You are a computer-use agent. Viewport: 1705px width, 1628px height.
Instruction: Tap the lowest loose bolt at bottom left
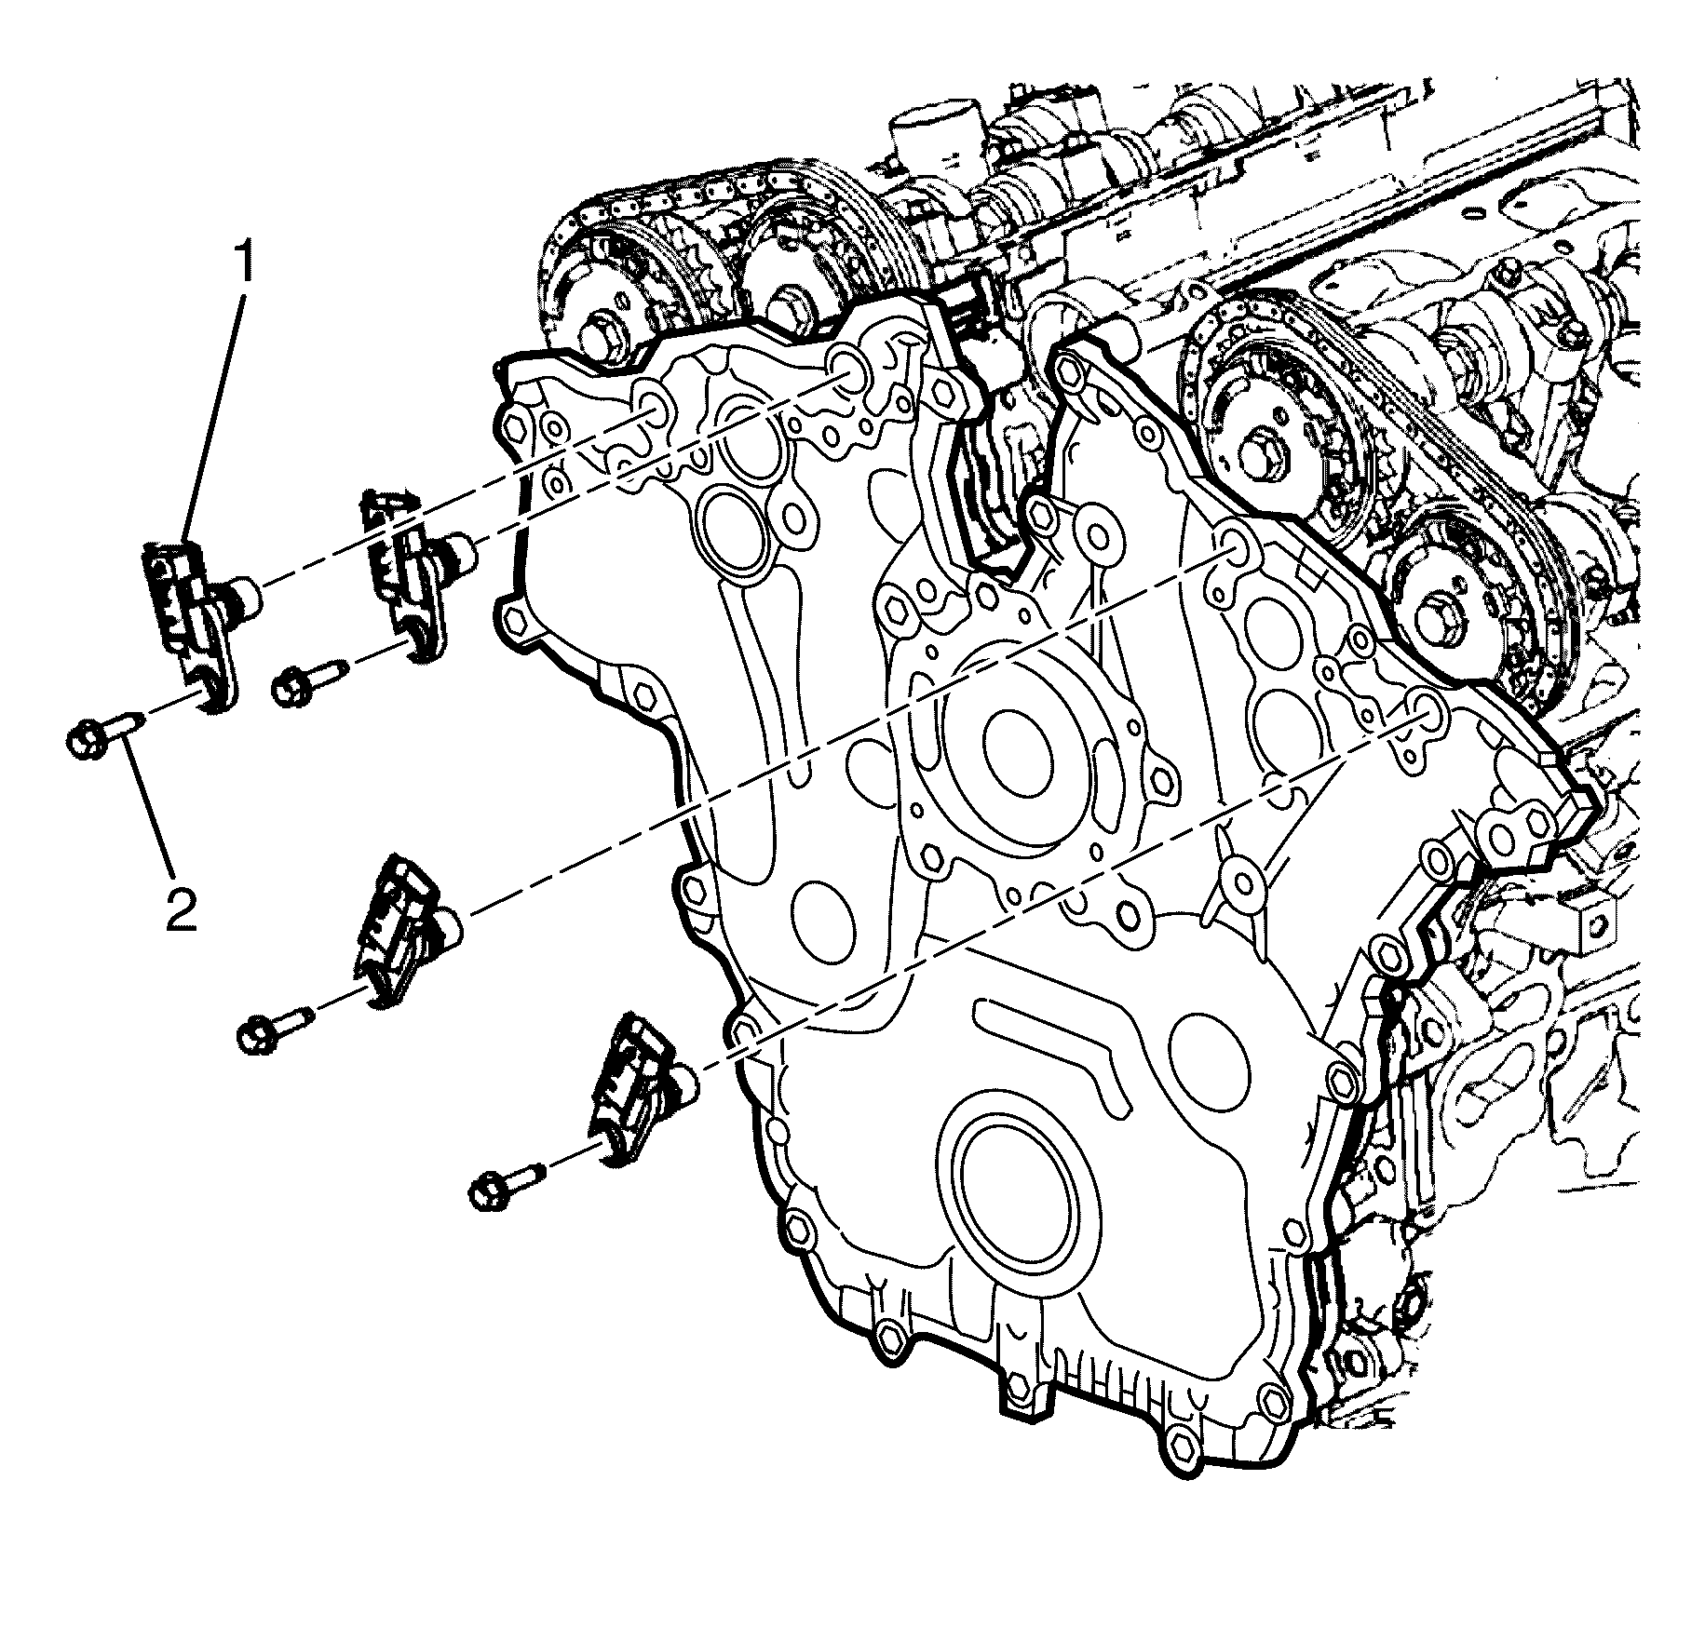coord(504,1187)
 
